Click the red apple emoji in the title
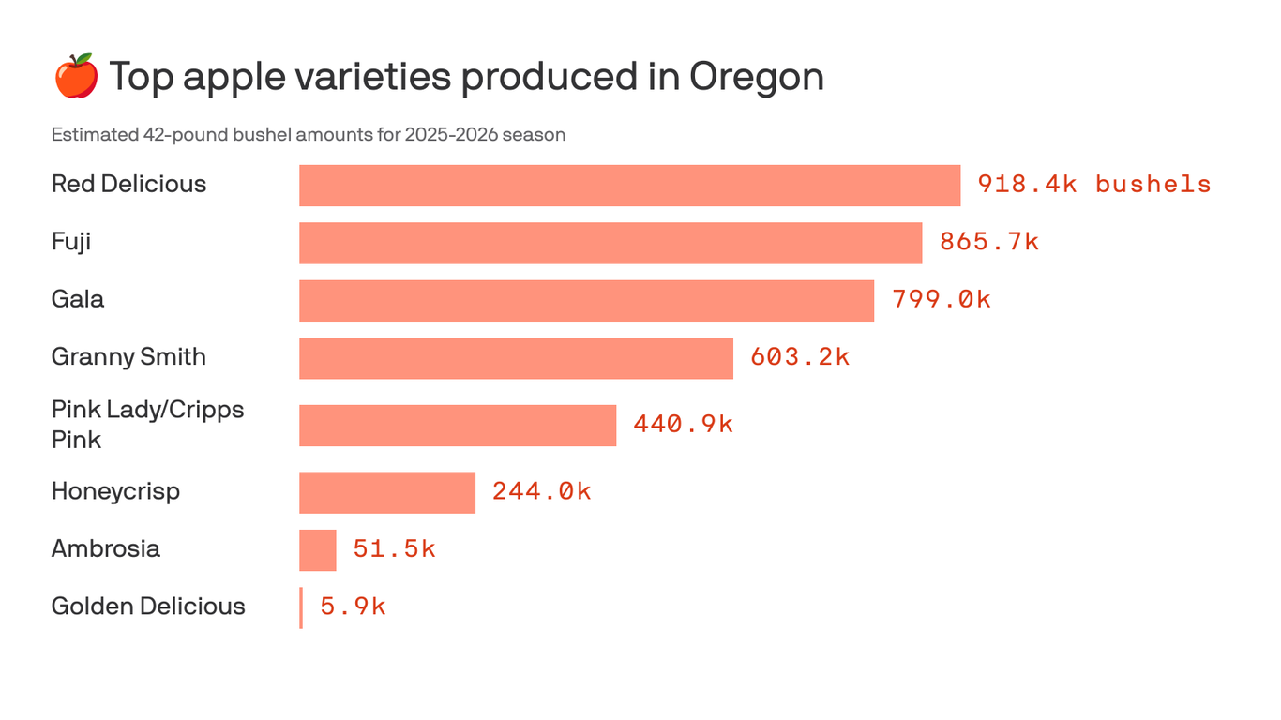[x=76, y=76]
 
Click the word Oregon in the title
[x=757, y=77]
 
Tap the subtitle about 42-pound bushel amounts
[x=309, y=135]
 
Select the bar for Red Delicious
[x=629, y=186]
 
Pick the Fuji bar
[x=610, y=243]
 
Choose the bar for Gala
[x=586, y=301]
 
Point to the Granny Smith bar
[x=516, y=358]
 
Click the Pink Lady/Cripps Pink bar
[x=458, y=426]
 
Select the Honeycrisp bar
[x=387, y=493]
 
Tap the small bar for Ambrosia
[x=318, y=550]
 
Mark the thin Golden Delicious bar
[x=301, y=607]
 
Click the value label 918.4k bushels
[x=1094, y=185]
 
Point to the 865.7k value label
[x=989, y=242]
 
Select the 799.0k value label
[x=942, y=300]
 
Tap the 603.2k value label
[x=800, y=357]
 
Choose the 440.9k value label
[x=683, y=425]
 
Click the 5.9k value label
[x=353, y=607]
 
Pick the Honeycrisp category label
[x=115, y=492]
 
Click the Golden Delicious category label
[x=148, y=607]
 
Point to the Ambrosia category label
[x=106, y=549]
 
